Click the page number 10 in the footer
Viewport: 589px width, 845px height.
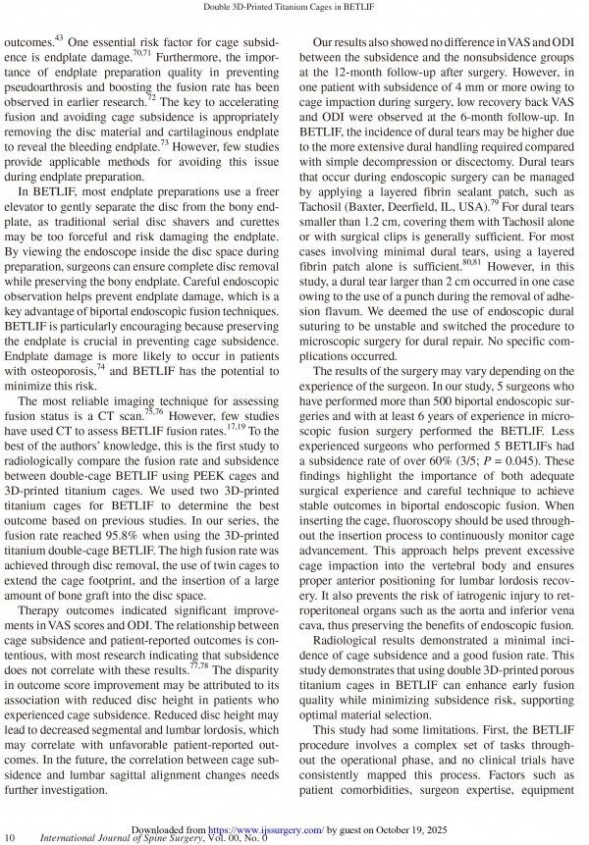click(10, 836)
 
